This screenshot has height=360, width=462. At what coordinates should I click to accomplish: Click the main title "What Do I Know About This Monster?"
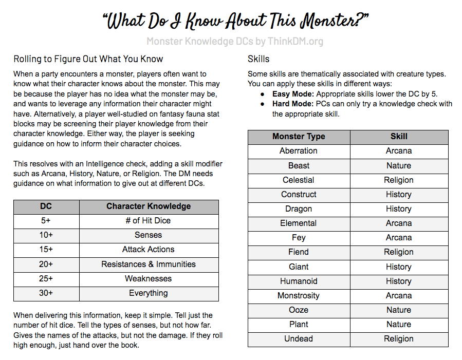pos(235,21)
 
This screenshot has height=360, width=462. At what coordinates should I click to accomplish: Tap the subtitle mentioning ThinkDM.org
pos(235,42)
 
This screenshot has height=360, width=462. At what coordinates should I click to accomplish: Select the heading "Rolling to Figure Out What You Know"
pos(88,59)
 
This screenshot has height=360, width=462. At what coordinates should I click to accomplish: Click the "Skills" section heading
pos(258,59)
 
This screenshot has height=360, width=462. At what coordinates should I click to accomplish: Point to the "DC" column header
pos(46,206)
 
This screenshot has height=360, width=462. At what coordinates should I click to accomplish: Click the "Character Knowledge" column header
pos(149,206)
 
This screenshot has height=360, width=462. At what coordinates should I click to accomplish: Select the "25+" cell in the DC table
pos(46,279)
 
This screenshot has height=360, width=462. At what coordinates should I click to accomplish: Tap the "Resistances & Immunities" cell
pos(149,264)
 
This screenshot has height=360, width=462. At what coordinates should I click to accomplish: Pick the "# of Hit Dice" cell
pos(149,221)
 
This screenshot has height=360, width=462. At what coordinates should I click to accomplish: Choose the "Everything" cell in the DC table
pos(149,293)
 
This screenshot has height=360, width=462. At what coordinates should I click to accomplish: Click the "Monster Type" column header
pos(299,137)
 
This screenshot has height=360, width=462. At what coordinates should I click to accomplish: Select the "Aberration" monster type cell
pos(299,151)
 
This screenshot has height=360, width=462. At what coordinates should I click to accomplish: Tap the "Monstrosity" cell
pos(299,296)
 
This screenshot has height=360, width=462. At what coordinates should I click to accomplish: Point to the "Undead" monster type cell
pos(299,339)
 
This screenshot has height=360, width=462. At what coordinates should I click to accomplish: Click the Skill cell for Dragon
pos(399,209)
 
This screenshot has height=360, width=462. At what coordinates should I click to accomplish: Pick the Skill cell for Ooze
pos(399,310)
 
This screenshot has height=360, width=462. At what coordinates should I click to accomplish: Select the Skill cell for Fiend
pos(399,252)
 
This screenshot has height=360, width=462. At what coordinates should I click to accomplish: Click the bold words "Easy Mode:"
pos(293,94)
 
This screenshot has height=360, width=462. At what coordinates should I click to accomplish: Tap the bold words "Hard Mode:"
pos(293,104)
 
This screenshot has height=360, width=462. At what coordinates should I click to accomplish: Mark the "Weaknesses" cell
pos(149,279)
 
